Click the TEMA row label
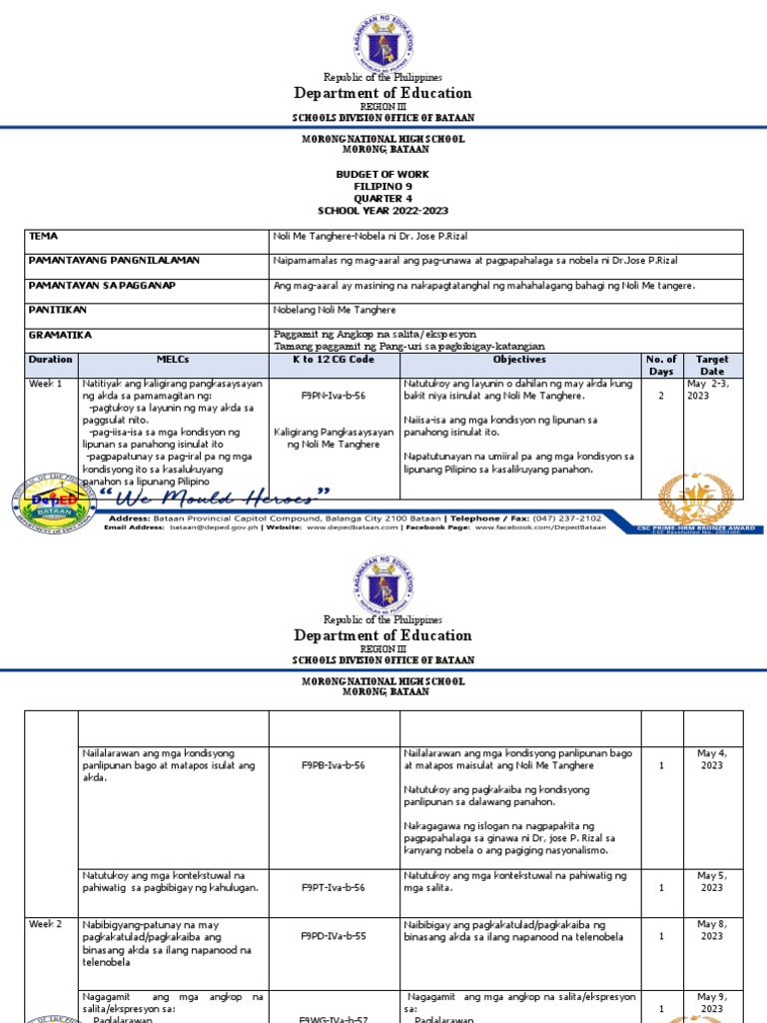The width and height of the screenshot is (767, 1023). point(44,236)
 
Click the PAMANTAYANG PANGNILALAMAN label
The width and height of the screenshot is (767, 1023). point(114,260)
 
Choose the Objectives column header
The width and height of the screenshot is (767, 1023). point(519,359)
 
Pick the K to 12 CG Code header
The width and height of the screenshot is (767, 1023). point(334,359)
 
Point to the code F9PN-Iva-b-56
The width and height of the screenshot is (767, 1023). point(334,396)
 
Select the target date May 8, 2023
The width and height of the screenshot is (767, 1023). point(711,930)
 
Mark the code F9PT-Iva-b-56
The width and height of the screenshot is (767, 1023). point(334,887)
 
